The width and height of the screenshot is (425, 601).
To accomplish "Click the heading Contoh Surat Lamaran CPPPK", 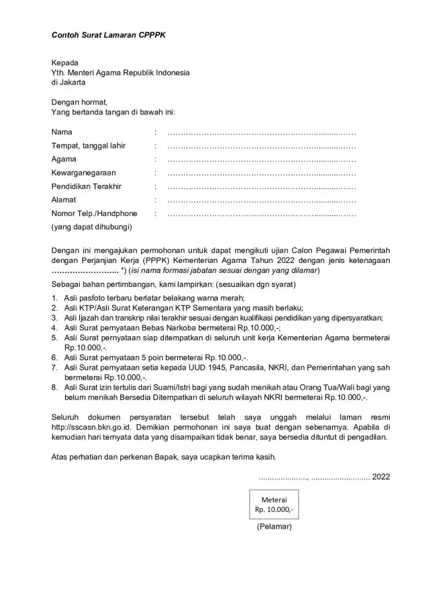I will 109,35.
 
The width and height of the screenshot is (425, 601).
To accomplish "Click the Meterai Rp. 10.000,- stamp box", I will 274,504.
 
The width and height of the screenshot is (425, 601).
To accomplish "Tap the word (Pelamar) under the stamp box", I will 274,526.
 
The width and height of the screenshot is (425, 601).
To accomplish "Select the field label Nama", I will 62,132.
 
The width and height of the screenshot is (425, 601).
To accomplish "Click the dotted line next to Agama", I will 261,159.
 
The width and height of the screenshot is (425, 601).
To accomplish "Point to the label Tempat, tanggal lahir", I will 89,146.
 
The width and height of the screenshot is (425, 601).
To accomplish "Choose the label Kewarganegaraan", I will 83,173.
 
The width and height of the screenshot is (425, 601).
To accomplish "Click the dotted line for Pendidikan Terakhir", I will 261,187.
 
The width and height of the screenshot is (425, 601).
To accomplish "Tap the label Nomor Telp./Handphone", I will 94,214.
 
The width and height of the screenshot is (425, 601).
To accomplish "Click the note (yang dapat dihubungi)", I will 92,227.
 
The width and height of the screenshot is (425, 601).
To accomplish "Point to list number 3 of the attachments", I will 54,318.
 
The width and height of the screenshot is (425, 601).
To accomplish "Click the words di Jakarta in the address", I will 68,83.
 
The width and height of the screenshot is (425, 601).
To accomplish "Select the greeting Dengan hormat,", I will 79,102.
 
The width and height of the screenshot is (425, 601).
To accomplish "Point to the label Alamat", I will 63,200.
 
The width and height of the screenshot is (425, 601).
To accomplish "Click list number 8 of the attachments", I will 54,387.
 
